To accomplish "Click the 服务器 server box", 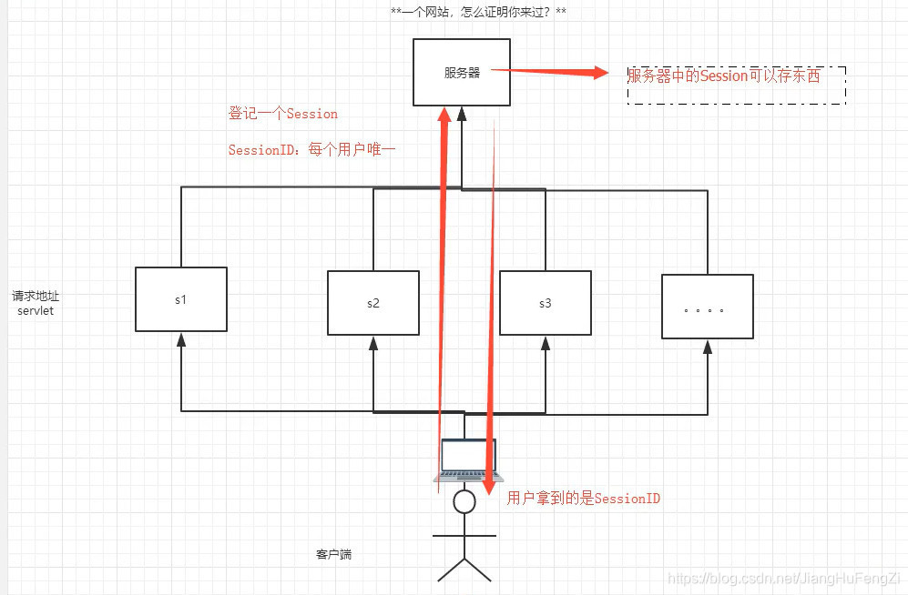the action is tap(461, 73).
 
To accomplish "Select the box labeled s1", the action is tap(181, 299).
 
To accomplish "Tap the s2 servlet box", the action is tap(372, 303).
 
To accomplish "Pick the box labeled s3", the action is tap(545, 303).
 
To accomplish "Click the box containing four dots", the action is tap(708, 307).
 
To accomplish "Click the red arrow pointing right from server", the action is tap(556, 72).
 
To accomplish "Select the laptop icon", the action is tap(468, 460).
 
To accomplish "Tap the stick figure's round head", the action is tap(465, 501).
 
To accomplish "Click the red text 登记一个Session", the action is tap(282, 114).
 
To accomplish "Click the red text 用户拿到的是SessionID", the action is tap(583, 498).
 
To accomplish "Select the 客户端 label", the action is tap(333, 553).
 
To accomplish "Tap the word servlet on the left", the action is tap(36, 311).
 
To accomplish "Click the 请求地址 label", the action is tap(36, 297).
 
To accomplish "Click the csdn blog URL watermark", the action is tap(783, 578).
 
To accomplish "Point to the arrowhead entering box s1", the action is tap(181, 339).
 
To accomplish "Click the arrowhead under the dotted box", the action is tap(708, 347).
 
